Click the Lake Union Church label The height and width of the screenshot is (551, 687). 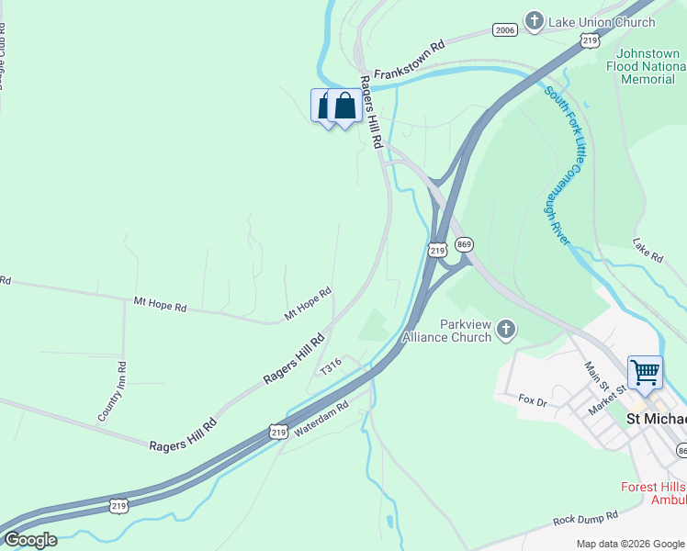tap(602, 21)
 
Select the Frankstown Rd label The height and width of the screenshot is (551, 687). tap(409, 57)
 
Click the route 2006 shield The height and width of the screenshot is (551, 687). tap(504, 30)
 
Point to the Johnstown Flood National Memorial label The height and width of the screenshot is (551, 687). tap(648, 66)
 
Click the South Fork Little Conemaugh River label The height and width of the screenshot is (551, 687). tap(564, 165)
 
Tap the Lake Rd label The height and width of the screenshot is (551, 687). tap(648, 250)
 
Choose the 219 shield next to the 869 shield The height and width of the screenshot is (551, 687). tap(438, 249)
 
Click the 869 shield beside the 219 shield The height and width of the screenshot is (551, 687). tap(464, 244)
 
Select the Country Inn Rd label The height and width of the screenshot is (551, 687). tap(111, 392)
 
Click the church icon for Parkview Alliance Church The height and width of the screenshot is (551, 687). tap(506, 330)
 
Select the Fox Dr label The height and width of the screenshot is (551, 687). tap(533, 400)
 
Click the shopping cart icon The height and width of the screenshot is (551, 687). tap(645, 372)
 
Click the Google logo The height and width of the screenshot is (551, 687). tap(30, 540)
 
